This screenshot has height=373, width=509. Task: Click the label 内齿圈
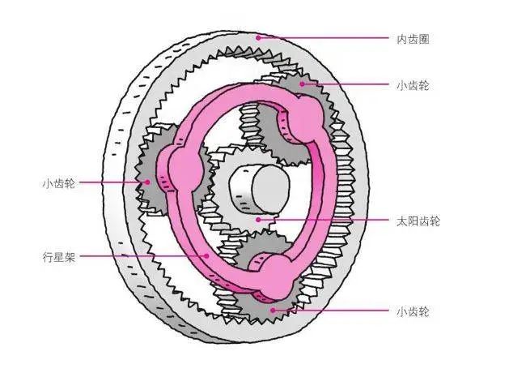[x=413, y=38]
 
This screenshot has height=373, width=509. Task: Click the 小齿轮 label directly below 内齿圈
[x=413, y=84]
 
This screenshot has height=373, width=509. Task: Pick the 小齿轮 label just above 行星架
[x=58, y=183]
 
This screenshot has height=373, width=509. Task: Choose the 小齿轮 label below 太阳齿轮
[x=413, y=311]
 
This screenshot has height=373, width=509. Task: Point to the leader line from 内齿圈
[x=324, y=38]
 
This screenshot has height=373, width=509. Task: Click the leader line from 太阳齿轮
[x=332, y=220]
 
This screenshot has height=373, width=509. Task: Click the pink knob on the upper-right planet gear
[x=307, y=118]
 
